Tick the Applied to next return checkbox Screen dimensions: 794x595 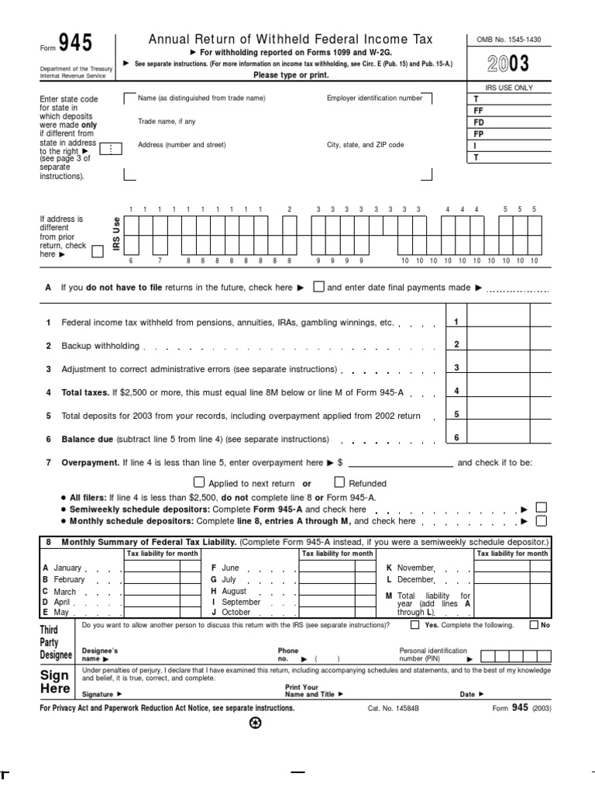tap(198, 482)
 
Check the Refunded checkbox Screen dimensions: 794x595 tap(339, 482)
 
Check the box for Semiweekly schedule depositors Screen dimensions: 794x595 tap(542, 508)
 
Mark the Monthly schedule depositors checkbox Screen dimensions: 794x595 tap(542, 520)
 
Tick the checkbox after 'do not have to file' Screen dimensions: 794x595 tap(318, 287)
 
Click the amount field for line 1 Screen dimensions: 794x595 tap(498, 322)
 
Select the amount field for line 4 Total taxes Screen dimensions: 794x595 tap(498, 392)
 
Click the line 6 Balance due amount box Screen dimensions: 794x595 tap(498, 438)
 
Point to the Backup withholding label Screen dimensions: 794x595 tap(101, 346)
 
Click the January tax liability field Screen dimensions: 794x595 tap(152, 568)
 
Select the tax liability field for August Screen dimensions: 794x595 tap(326, 591)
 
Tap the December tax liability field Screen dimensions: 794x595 tap(502, 579)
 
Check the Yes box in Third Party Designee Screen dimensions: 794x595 tap(415, 624)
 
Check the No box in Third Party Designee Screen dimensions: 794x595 tap(535, 624)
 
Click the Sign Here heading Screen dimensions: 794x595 tap(56, 681)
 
